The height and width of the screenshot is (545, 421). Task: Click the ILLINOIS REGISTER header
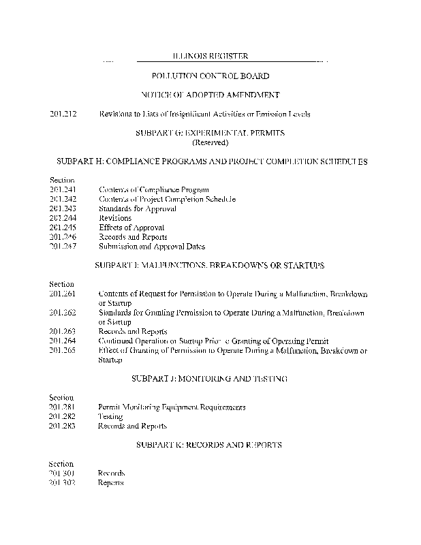click(210, 56)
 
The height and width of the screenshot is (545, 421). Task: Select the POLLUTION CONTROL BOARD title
click(210, 76)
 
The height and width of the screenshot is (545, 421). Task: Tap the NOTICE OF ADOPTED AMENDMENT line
click(210, 95)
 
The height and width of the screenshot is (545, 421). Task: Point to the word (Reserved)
click(210, 142)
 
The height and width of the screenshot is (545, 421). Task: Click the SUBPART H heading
click(210, 161)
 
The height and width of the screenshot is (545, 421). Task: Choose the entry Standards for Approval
click(137, 208)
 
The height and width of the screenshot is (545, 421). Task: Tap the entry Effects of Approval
click(131, 228)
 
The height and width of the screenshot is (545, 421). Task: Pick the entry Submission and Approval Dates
click(151, 247)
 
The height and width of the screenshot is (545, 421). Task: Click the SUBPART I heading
click(210, 265)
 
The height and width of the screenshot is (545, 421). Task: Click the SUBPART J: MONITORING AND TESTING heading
click(210, 377)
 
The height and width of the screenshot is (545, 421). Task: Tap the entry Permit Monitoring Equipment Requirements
click(172, 407)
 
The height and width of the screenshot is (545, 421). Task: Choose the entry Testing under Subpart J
click(110, 416)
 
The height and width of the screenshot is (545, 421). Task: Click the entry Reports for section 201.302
click(111, 482)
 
